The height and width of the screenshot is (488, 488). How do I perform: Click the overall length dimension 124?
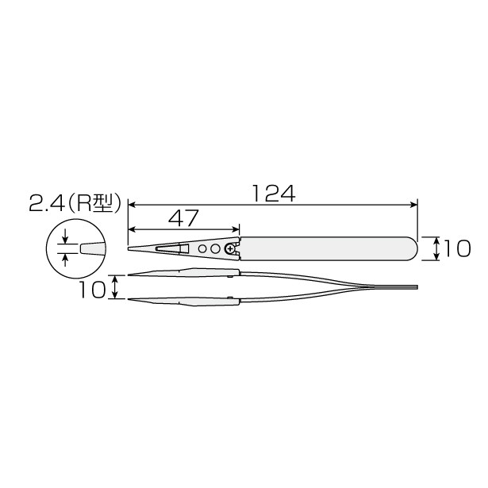[273, 194]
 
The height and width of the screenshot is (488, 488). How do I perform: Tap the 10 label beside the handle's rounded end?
[456, 248]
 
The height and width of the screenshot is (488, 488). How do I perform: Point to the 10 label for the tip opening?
[92, 290]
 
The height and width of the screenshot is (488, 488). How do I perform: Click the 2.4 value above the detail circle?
[47, 203]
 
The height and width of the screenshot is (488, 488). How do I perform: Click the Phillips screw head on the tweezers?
[230, 248]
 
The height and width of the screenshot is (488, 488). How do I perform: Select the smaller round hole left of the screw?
[202, 248]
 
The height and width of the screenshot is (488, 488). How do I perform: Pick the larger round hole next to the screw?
[215, 248]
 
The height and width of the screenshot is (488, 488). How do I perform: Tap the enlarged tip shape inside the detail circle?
[92, 248]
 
